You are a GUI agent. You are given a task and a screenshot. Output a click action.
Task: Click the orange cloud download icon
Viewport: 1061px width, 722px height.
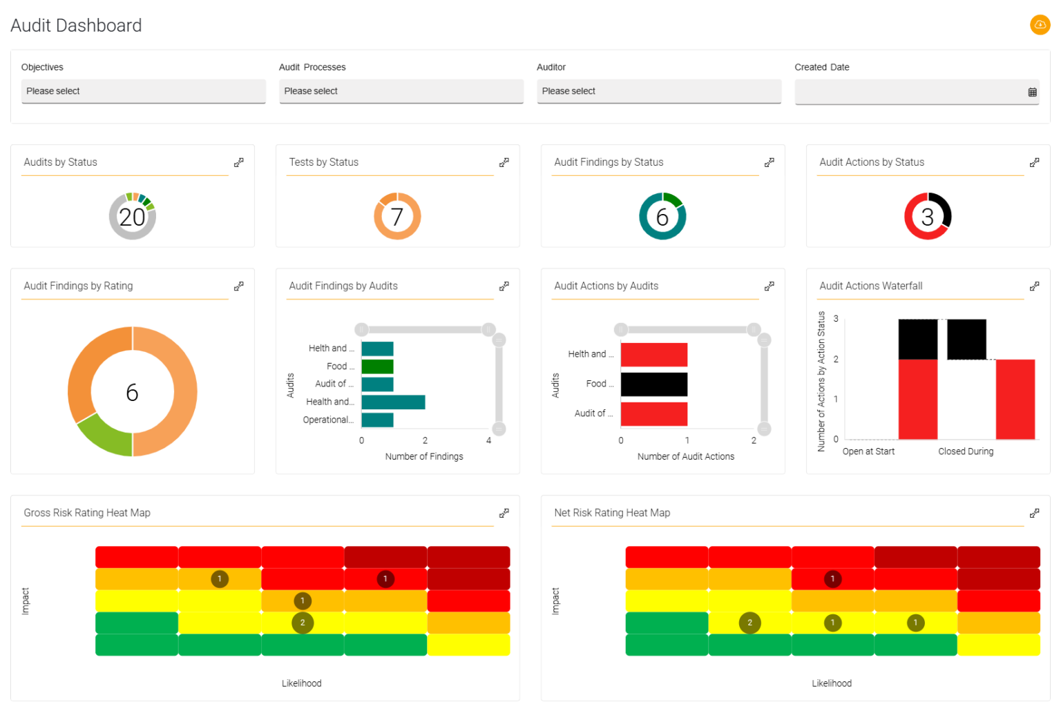pyautogui.click(x=1040, y=25)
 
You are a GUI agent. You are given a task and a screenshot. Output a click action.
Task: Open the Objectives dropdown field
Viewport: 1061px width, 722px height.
pyautogui.click(x=143, y=91)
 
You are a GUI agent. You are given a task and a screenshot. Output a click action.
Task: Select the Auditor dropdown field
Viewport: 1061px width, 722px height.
pyautogui.click(x=658, y=91)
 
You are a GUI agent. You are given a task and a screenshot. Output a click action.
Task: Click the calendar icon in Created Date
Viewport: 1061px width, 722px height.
pyautogui.click(x=1032, y=92)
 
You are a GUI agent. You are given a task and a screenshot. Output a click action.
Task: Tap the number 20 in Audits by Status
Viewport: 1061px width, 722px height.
pyautogui.click(x=132, y=217)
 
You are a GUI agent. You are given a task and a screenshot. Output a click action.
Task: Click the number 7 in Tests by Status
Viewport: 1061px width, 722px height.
pyautogui.click(x=397, y=217)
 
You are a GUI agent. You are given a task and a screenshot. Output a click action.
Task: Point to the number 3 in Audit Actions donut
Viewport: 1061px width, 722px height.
pyautogui.click(x=928, y=217)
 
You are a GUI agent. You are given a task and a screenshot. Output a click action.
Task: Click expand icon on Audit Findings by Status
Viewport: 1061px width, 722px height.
pyautogui.click(x=769, y=162)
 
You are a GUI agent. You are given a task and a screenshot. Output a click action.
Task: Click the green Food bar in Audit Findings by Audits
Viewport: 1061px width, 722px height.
pyautogui.click(x=377, y=367)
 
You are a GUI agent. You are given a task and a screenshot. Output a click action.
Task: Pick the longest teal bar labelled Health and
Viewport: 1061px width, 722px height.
pyautogui.click(x=393, y=402)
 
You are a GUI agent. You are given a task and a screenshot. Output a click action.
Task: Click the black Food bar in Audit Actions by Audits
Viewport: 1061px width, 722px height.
pyautogui.click(x=653, y=384)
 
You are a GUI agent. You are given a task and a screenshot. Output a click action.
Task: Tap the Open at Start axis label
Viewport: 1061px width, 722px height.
pyautogui.click(x=868, y=451)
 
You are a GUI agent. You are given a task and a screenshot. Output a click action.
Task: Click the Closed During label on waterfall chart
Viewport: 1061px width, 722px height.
pyautogui.click(x=966, y=451)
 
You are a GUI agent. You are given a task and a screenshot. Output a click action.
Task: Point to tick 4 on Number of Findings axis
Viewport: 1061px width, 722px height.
pyautogui.click(x=488, y=440)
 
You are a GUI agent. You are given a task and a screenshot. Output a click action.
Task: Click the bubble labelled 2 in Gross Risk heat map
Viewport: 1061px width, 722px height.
pyautogui.click(x=303, y=623)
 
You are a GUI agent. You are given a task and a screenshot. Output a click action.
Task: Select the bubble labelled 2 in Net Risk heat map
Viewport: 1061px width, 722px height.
pyautogui.click(x=749, y=623)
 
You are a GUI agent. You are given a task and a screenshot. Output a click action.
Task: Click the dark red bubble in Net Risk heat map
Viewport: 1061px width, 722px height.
pyautogui.click(x=832, y=578)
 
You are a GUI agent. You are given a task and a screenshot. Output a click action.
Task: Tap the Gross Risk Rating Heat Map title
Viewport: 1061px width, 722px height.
pyautogui.click(x=87, y=513)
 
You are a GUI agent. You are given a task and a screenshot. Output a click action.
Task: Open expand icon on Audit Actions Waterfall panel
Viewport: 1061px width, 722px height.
pyautogui.click(x=1034, y=286)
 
